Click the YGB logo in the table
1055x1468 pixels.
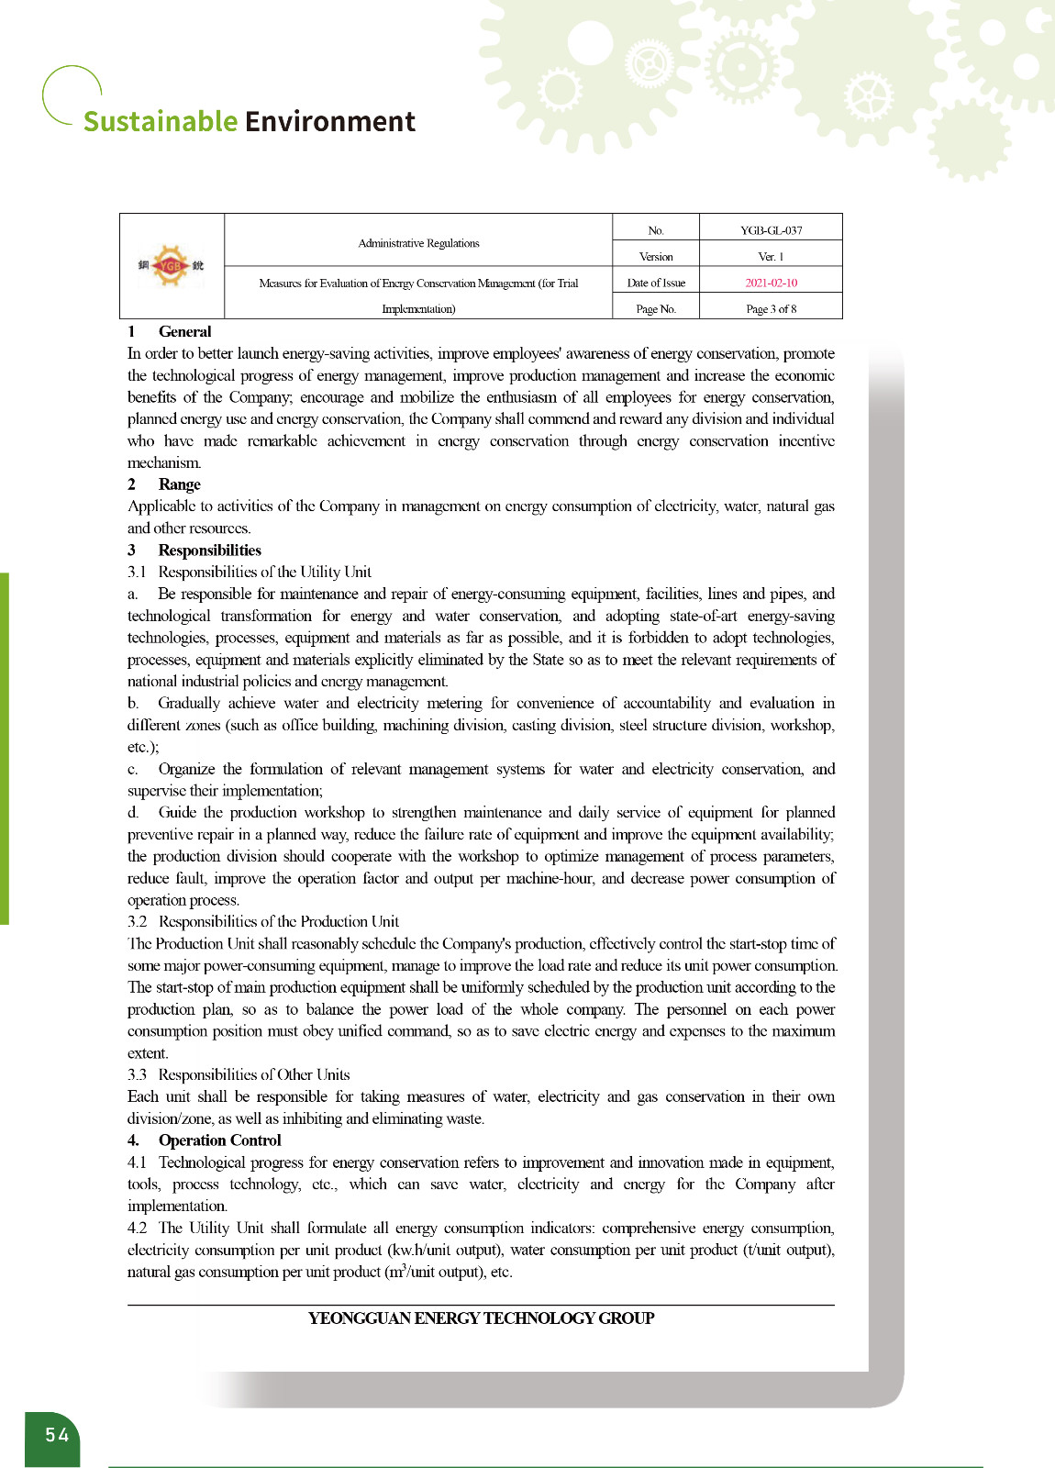[x=172, y=266]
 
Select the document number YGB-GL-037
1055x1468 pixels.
[x=771, y=230]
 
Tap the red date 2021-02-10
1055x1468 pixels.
[x=771, y=283]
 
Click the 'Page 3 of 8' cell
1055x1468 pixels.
[x=771, y=309]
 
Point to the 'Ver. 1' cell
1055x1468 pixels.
[x=771, y=257]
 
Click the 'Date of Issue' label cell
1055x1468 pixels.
[x=656, y=283]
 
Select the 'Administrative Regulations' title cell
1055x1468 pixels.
[x=418, y=243]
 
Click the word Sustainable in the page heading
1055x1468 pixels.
[x=161, y=121]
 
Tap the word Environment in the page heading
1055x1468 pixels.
[x=330, y=121]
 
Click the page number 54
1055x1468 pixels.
[x=57, y=1435]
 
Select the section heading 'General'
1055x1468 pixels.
[x=184, y=332]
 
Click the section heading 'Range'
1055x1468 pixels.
[x=179, y=484]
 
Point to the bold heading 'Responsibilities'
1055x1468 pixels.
[x=209, y=550]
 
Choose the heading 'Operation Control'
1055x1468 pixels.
[x=219, y=1140]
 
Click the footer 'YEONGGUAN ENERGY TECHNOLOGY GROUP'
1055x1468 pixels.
[x=481, y=1318]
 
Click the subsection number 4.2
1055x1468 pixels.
[x=137, y=1229]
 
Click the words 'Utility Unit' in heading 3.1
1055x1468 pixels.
[x=336, y=573]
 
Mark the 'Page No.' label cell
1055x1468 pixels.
[x=656, y=309]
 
